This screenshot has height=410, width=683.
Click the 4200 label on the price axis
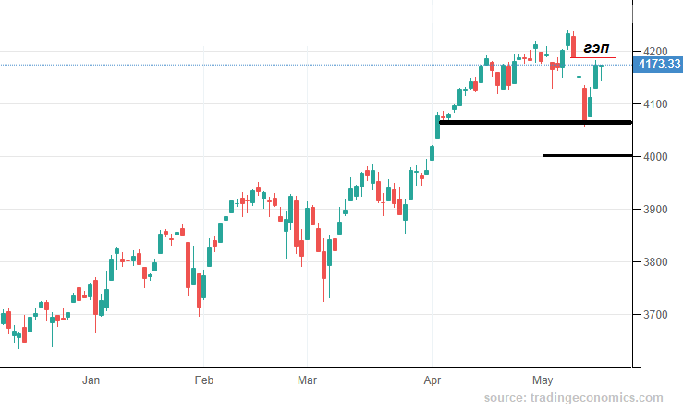click(x=655, y=52)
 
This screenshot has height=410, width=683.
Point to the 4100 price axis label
click(x=655, y=104)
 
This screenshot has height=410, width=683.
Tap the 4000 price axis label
click(x=655, y=157)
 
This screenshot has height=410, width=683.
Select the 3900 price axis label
click(x=655, y=210)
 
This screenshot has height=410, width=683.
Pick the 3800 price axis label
click(x=655, y=262)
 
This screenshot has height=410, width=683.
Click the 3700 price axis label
click(x=655, y=315)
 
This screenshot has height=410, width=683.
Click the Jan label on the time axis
click(x=91, y=380)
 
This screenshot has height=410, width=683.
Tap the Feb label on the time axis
click(x=204, y=380)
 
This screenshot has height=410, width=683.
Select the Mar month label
click(x=307, y=380)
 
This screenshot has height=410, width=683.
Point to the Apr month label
click(x=433, y=380)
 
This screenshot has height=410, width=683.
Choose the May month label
click(x=543, y=380)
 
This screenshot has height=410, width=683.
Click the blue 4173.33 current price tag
click(x=658, y=65)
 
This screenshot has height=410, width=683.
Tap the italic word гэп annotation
click(x=596, y=48)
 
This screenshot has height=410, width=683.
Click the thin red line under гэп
click(x=592, y=57)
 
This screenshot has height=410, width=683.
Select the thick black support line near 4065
click(x=535, y=122)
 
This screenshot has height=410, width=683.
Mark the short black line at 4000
click(x=588, y=155)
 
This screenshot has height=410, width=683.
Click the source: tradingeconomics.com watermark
click(x=573, y=397)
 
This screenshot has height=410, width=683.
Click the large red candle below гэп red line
click(x=584, y=104)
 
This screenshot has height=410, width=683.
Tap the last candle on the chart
click(x=601, y=69)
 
